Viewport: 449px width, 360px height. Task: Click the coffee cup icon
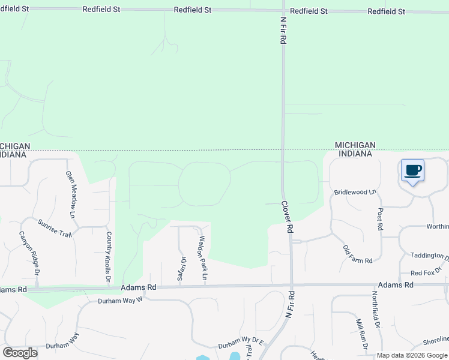412,170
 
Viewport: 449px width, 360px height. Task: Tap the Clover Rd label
288,216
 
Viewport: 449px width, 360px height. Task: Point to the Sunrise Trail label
55,229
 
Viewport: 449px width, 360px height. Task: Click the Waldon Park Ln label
202,258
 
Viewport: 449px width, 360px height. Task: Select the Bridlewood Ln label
355,192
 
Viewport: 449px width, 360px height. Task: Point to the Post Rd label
380,220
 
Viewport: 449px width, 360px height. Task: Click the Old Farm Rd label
358,254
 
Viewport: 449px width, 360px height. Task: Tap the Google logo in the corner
20,352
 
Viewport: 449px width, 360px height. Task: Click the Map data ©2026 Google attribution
412,355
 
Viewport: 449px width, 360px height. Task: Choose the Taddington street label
429,256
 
